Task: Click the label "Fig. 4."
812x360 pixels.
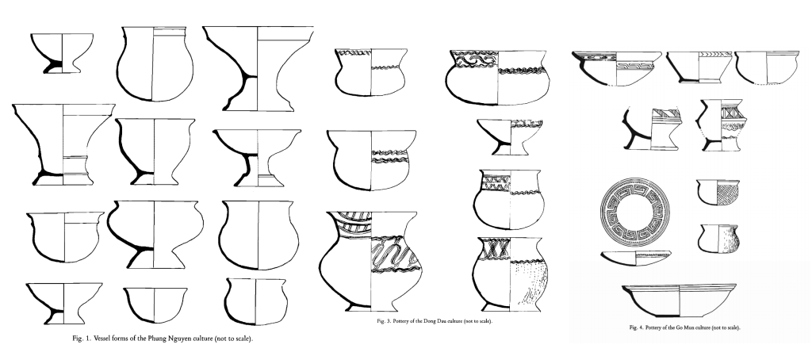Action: click(x=637, y=327)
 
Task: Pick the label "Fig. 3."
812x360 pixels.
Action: click(x=385, y=321)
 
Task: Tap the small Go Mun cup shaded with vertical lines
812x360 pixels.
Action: click(x=717, y=237)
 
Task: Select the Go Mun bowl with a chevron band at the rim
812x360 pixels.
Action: click(x=699, y=67)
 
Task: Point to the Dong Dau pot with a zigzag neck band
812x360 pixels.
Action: click(x=508, y=198)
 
